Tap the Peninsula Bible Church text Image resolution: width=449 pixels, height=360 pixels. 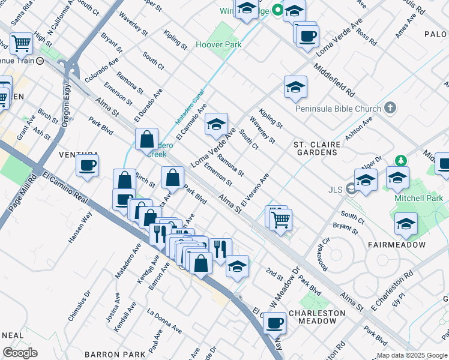tap(339, 109)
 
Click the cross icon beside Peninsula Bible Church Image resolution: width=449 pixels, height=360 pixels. tap(390, 108)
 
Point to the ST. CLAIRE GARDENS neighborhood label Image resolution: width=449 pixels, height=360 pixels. tap(317, 148)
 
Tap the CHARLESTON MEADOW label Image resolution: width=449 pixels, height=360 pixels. tap(317, 317)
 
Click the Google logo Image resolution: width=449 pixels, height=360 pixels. tap(20, 353)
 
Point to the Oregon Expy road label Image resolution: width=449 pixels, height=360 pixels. tap(66, 105)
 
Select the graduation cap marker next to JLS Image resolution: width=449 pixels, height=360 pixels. tap(366, 179)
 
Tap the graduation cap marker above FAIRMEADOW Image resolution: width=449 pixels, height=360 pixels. tap(406, 224)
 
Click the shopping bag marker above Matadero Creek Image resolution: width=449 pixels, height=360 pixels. tap(147, 140)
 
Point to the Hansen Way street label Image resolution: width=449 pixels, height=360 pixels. tap(80, 226)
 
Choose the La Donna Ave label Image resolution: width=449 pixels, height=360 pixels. tap(164, 321)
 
